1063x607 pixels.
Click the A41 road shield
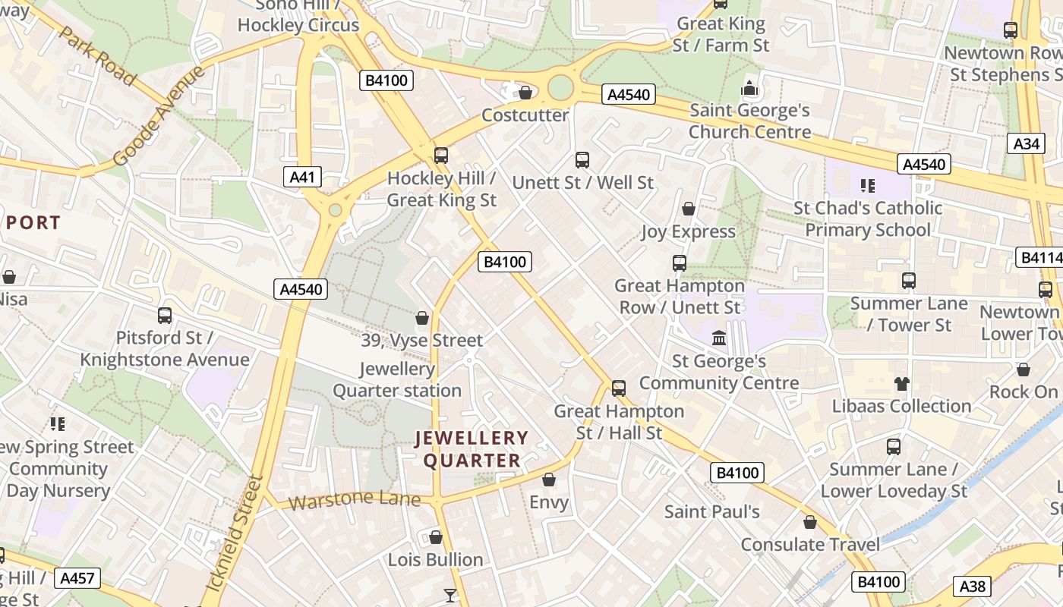pos(303,178)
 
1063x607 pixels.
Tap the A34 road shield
pos(1026,143)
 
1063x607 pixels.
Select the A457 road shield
pos(77,579)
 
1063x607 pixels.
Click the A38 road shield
pos(973,586)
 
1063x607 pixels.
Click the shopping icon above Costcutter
pos(525,93)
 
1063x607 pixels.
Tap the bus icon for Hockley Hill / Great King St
pos(440,156)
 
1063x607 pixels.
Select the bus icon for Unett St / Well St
pos(582,160)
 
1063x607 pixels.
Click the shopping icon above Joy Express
pos(689,209)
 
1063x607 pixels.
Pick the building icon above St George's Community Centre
pos(718,338)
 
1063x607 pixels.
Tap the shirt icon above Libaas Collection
pos(901,383)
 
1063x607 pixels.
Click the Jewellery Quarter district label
pos(472,449)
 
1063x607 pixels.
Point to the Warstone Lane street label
pos(354,500)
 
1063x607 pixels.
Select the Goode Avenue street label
pos(159,115)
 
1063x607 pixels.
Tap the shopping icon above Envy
pos(549,480)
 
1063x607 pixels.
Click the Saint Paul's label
pos(711,511)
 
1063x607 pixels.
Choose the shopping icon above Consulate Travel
pos(810,522)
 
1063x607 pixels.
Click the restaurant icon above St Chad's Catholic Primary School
pos(867,185)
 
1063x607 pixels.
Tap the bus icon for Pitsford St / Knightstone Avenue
pos(165,316)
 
